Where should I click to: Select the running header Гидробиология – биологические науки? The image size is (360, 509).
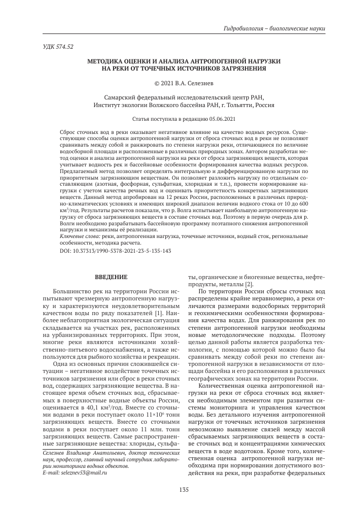pos(274,28)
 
